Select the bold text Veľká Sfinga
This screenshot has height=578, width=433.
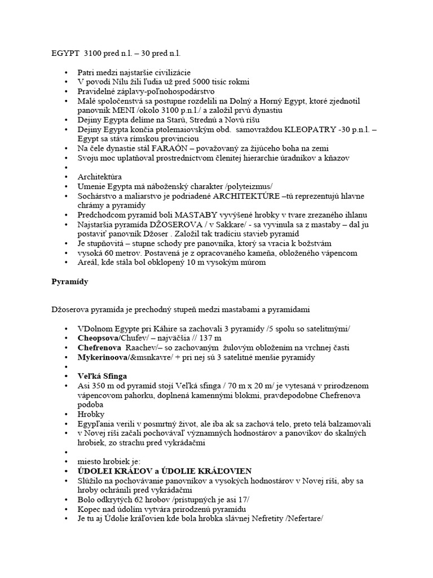103,376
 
